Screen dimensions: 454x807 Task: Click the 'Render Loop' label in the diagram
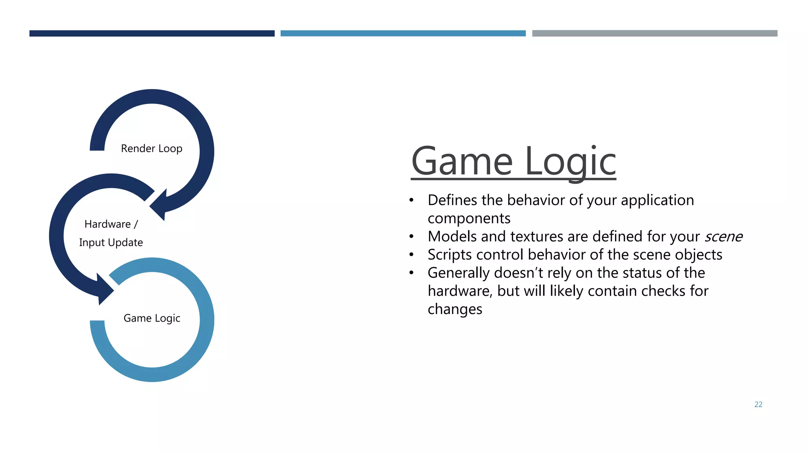tap(151, 149)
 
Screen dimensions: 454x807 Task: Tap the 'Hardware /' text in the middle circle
tap(111, 224)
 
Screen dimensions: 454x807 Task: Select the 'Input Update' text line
tap(111, 242)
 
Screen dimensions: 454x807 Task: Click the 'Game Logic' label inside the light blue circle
tap(152, 318)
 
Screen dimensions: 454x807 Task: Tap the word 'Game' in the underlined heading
tap(461, 162)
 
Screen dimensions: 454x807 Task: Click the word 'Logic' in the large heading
tap(570, 162)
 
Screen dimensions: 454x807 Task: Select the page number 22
tap(758, 404)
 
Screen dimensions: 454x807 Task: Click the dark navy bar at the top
tap(152, 33)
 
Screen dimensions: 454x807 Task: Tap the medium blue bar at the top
tap(403, 33)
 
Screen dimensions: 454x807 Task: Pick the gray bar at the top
tap(655, 33)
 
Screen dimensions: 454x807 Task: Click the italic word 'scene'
tap(723, 237)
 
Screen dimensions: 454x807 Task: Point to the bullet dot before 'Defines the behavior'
tap(411, 201)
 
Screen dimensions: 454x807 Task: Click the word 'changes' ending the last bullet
tap(455, 309)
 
